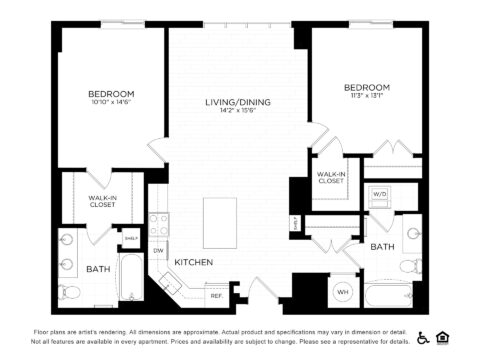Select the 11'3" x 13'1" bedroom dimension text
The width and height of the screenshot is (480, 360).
click(367, 96)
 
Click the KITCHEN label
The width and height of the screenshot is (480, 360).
click(191, 262)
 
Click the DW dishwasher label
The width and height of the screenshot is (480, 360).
click(159, 250)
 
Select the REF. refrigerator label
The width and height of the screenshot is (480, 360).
click(216, 295)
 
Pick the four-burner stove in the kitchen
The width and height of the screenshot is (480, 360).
click(159, 224)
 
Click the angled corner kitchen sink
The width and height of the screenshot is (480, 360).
click(170, 281)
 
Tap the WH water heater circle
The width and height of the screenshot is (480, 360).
click(342, 291)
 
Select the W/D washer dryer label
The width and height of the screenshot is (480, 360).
click(380, 193)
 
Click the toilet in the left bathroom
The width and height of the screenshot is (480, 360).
click(69, 293)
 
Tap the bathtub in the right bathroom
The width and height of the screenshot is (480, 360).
click(394, 297)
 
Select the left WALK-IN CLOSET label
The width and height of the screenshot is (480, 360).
click(101, 201)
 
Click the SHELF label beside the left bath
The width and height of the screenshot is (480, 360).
click(130, 238)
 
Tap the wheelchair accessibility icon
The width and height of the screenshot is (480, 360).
click(424, 337)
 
